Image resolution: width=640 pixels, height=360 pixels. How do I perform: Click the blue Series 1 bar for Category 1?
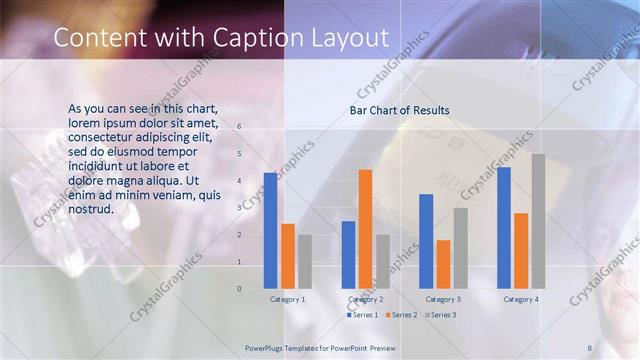pos(270,231)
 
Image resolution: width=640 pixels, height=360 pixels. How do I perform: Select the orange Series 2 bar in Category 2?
pos(365,229)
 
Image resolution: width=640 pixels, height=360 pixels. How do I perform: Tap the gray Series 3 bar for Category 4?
pos(538,221)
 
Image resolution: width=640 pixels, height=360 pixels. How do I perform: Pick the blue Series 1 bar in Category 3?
pos(426,241)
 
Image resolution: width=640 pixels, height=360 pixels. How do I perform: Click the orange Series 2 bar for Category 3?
pos(443,264)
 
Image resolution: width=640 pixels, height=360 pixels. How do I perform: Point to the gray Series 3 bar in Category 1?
pos(304,262)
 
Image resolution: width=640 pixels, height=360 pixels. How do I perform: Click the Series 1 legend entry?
pos(362,315)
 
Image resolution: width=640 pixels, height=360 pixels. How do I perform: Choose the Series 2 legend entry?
pos(401,315)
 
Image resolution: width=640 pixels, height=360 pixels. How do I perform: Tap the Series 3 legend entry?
pos(440,315)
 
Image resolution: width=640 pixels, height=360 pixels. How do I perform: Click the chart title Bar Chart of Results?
pos(399,110)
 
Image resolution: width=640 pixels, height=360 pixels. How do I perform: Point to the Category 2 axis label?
pos(365,299)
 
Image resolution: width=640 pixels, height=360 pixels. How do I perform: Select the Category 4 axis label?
pos(520,299)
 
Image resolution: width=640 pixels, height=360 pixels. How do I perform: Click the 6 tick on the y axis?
pos(239,127)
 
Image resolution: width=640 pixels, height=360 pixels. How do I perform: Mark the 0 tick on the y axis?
pos(239,289)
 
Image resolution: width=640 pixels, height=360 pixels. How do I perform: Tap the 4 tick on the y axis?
pos(239,181)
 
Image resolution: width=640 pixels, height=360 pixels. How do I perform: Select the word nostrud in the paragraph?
pos(90,209)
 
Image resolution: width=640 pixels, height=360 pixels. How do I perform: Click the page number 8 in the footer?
pos(590,346)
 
